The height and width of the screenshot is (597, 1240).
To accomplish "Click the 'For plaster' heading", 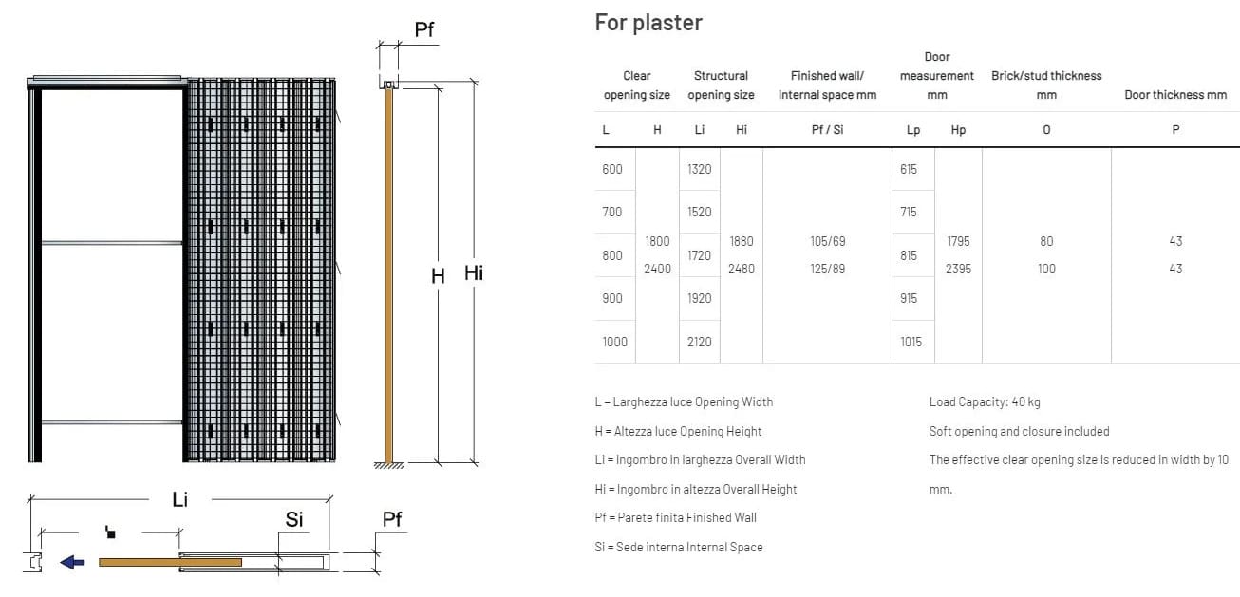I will tap(648, 22).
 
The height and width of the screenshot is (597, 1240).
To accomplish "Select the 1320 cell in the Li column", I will tap(699, 169).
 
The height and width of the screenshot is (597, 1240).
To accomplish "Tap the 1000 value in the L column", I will tap(614, 342).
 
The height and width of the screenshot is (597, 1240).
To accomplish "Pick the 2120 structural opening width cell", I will tap(699, 342).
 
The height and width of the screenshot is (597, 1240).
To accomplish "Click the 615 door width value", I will tap(909, 169).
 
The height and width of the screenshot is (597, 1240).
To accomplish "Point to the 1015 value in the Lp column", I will tap(911, 342).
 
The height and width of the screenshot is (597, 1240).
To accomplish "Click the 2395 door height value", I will tap(958, 269).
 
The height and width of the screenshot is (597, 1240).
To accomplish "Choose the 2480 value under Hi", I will tap(741, 269).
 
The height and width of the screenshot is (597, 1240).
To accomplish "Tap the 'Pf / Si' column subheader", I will tap(827, 130).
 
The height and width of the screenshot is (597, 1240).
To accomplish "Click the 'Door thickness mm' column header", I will tap(1175, 95).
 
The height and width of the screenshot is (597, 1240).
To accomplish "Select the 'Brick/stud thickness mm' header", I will tap(1046, 84).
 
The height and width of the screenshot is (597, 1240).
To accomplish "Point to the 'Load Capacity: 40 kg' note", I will tap(985, 401).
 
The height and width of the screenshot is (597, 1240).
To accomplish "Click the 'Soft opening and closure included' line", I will tap(1019, 431).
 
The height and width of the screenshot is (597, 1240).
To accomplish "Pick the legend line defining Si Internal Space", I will tap(679, 547).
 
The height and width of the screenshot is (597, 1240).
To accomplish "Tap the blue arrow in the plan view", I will tap(72, 562).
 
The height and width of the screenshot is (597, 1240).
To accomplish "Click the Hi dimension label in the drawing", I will tap(474, 273).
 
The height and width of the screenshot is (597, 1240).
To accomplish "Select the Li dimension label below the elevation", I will tap(179, 498).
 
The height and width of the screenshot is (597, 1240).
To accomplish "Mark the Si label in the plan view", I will tap(294, 519).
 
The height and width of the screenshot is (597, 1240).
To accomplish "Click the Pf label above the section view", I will tap(424, 29).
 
